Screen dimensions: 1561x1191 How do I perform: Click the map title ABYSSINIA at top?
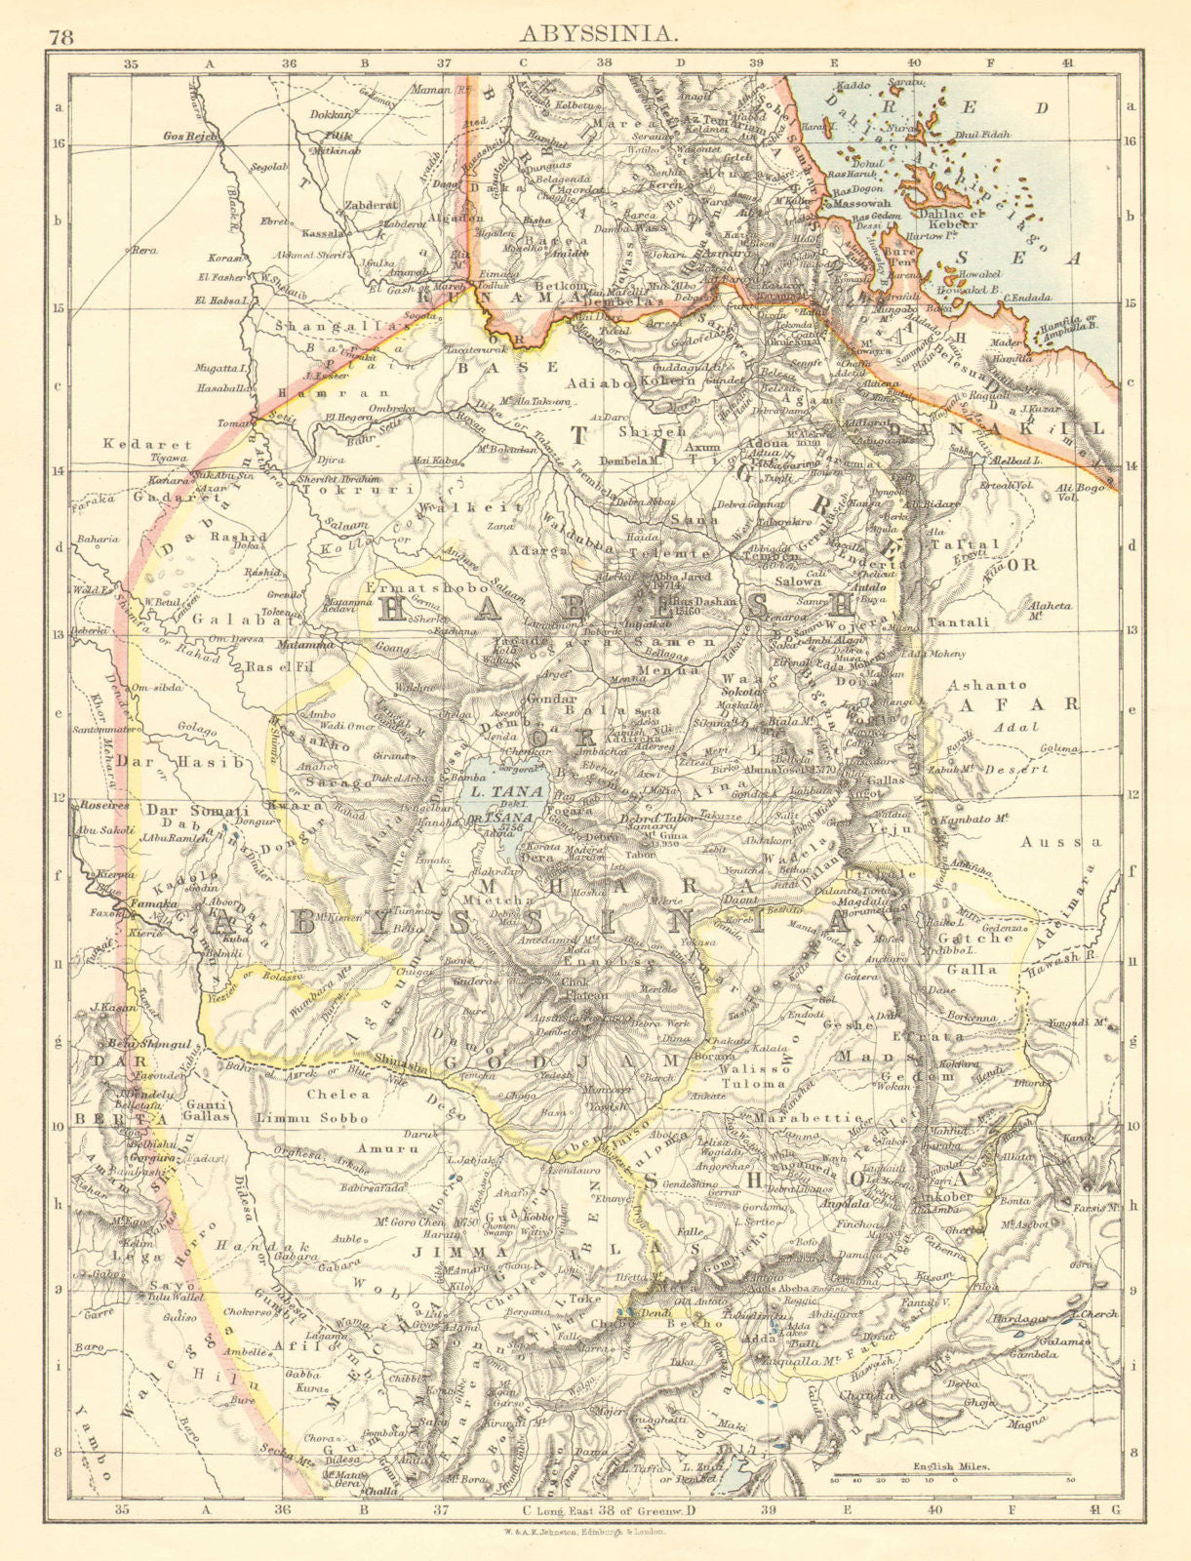tap(596, 32)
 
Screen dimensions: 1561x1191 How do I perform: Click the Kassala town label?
tap(320, 234)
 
